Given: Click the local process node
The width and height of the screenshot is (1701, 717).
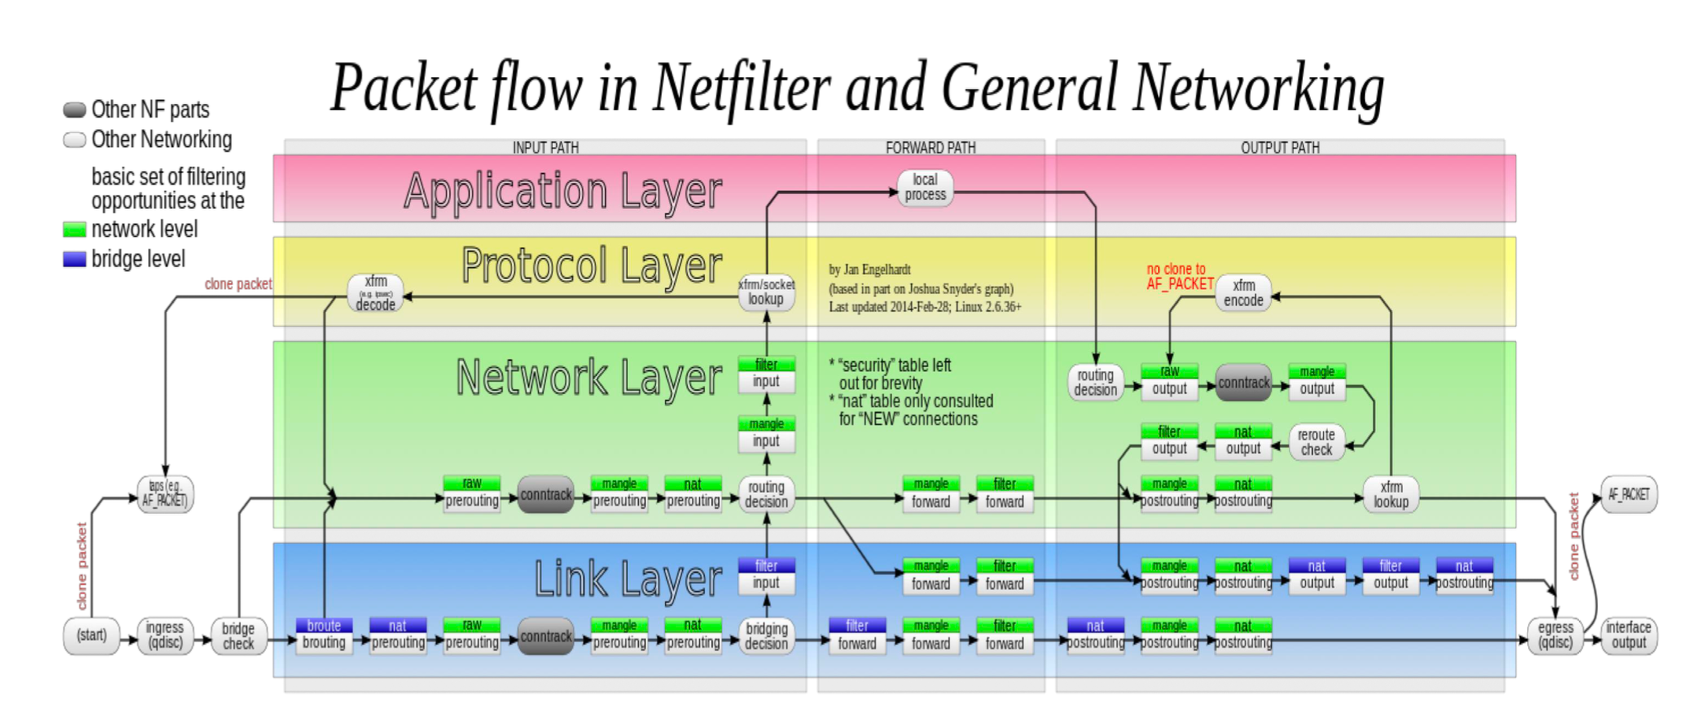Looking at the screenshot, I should [925, 188].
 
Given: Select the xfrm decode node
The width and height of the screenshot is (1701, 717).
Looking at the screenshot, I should [375, 293].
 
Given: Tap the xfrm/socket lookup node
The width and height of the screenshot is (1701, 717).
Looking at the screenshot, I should [766, 292].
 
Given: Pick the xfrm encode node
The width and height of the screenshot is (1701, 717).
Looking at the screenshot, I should [1243, 292].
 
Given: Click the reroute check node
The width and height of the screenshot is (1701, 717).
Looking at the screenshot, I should [1316, 442].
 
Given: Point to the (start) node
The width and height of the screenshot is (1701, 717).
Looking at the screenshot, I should [91, 635].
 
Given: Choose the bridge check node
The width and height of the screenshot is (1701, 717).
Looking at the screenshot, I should [238, 635].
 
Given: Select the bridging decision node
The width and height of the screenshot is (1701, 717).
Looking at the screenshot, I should [766, 635].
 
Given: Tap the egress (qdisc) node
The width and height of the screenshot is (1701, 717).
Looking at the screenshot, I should [1555, 635].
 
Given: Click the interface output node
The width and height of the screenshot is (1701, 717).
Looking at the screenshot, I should [1629, 635].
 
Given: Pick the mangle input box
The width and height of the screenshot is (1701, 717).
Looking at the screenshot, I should [766, 434].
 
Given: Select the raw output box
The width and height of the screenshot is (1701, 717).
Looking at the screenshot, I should [1169, 381].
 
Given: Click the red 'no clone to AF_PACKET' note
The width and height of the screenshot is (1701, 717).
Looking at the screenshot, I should [1178, 277].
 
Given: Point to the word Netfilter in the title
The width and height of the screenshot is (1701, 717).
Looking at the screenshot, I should [741, 88].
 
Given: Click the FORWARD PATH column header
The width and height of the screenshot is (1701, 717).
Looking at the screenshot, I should [930, 148].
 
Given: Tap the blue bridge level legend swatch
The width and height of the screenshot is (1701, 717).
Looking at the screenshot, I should [75, 259].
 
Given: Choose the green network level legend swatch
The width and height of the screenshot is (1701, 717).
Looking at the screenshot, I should [75, 230].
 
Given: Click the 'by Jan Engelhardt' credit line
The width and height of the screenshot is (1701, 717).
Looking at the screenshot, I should [869, 270].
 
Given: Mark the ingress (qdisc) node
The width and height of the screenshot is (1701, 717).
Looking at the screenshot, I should [164, 635].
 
